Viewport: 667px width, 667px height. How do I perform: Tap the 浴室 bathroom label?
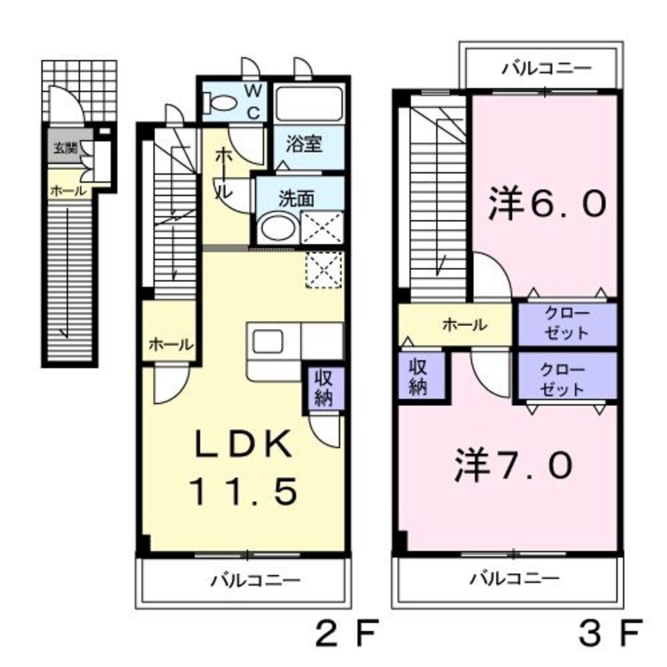[x=305, y=144]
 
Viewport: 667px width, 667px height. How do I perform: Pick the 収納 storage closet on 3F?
[x=418, y=378]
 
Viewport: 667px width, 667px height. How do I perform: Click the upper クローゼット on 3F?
[x=568, y=323]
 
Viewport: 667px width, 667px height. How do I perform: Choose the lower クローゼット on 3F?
[x=568, y=380]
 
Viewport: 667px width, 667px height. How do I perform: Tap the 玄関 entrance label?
[x=65, y=149]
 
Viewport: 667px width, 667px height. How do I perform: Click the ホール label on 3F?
[x=464, y=325]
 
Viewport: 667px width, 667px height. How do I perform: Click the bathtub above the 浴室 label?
[x=309, y=104]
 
